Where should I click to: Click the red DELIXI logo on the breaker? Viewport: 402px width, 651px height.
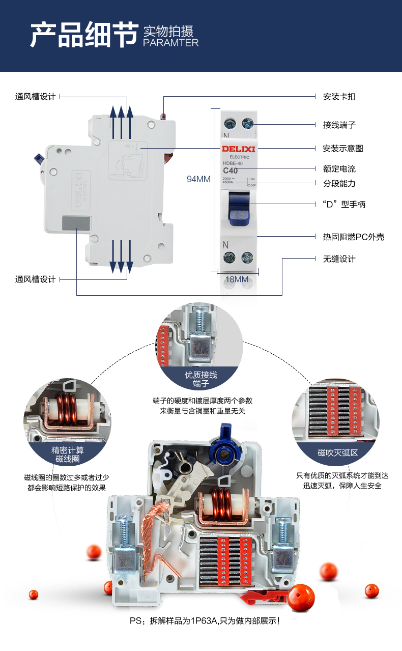238,149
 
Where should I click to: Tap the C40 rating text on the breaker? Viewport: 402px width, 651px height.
231,171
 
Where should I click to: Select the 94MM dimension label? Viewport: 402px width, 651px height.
198,179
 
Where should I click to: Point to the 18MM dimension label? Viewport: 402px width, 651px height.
237,279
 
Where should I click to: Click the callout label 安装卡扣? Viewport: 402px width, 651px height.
339,96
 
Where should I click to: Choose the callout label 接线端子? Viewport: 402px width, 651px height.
339,125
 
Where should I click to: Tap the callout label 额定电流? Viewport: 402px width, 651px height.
339,168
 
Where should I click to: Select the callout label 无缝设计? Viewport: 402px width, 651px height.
339,259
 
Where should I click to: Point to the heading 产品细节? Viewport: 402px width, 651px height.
83,35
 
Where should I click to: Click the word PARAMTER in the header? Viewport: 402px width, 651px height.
171,43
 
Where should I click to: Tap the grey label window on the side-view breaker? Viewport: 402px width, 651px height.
76,223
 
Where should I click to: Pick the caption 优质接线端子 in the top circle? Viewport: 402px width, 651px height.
201,379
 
